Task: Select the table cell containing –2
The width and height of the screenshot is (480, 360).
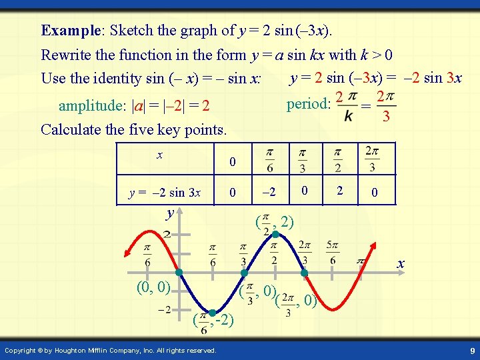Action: point(269,193)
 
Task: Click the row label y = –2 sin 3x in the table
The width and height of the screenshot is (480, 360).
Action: point(164,193)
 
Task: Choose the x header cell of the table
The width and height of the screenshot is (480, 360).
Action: point(159,155)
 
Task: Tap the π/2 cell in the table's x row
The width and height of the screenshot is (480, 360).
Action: point(337,159)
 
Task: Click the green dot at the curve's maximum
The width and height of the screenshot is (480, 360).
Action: point(274,234)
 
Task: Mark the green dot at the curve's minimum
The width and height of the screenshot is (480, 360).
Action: point(211,313)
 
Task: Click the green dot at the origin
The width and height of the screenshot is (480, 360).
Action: point(179,273)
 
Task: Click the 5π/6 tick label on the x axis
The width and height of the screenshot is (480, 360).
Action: point(333,252)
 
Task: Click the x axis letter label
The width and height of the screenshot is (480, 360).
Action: point(401,264)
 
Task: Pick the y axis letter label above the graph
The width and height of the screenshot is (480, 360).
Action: point(171,213)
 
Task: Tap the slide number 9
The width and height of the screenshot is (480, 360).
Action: point(471,351)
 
